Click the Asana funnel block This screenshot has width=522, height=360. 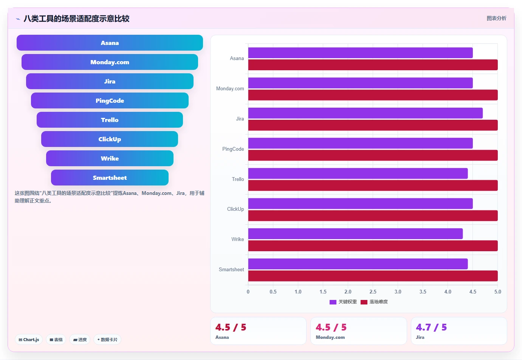(110, 43)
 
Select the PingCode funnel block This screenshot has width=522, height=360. (110, 100)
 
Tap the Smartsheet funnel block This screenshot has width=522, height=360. (110, 178)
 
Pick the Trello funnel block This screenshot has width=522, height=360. (110, 120)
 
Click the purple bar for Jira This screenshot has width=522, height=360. (366, 113)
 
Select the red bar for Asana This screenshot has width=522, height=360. (373, 65)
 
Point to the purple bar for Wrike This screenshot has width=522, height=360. (355, 234)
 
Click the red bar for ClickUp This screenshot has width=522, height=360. (373, 216)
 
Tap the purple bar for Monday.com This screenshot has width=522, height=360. (361, 83)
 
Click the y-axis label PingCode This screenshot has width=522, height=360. (233, 149)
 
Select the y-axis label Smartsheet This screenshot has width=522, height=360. (231, 269)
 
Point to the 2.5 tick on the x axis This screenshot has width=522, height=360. (373, 292)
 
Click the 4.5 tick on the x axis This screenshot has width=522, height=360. (473, 292)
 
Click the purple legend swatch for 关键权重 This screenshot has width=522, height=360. (333, 302)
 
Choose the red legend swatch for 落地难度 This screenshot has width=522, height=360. (364, 302)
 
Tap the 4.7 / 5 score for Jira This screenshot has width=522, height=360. (431, 328)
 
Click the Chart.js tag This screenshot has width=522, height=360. (29, 340)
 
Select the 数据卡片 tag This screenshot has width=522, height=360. (107, 340)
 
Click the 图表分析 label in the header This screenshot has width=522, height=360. (496, 19)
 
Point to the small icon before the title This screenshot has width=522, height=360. (18, 19)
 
